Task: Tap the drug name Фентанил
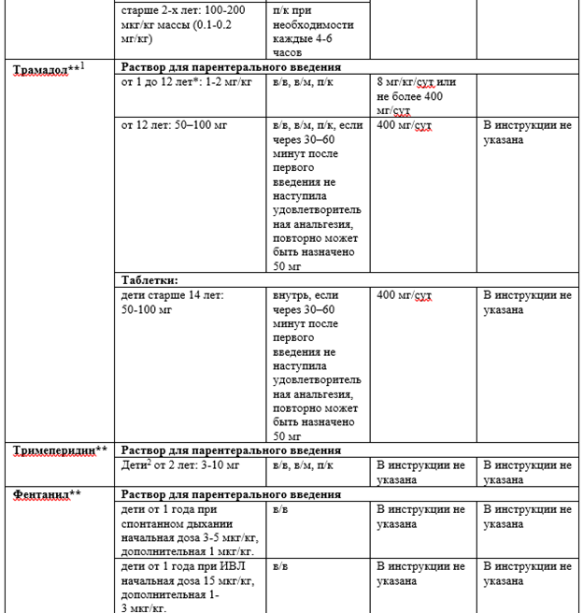(x=43, y=494)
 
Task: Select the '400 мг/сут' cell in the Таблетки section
(x=404, y=296)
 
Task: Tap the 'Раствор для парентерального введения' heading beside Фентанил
(x=231, y=494)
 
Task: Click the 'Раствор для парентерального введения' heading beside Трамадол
(x=231, y=67)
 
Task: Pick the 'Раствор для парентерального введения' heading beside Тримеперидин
(x=231, y=450)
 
